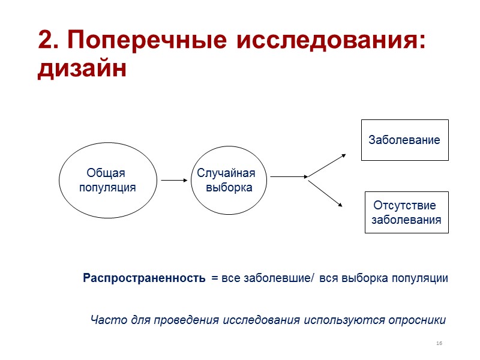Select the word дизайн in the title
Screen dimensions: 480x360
(82, 69)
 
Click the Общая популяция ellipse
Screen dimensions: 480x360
(107, 180)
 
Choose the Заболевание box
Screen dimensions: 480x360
(404, 140)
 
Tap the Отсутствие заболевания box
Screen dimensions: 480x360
(406, 212)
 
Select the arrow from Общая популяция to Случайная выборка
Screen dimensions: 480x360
(175, 179)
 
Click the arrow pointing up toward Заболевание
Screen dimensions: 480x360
(327, 165)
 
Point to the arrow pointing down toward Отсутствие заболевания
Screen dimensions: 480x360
(326, 193)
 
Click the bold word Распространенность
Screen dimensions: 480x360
(145, 278)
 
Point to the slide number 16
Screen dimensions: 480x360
(439, 343)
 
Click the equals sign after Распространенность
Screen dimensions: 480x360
(215, 279)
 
